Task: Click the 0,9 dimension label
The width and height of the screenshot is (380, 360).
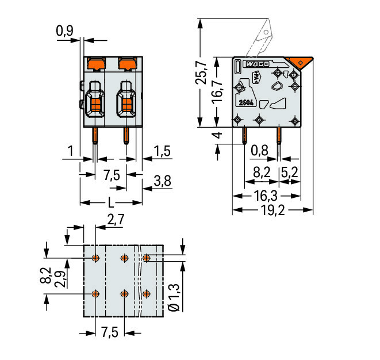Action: pos(64,31)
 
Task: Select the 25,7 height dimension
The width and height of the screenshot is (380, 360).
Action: pos(201,72)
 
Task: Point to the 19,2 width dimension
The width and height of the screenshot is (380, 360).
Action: pos(272,210)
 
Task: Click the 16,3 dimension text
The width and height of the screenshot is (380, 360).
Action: pos(266,196)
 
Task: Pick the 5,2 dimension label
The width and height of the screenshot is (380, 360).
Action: pos(289,173)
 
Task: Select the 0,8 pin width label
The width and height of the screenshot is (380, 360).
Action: pos(259,151)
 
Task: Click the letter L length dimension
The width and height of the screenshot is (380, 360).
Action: pos(111,202)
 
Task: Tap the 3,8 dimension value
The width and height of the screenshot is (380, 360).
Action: pos(162,181)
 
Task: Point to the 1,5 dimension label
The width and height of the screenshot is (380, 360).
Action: pos(162,151)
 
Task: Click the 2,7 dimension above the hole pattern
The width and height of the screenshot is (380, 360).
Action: pos(116,220)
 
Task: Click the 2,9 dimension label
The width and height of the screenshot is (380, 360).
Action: pos(60,279)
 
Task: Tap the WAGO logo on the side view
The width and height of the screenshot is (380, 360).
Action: pos(257,64)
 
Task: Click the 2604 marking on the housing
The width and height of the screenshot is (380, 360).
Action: pos(246,103)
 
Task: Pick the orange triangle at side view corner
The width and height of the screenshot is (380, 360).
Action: pos(299,62)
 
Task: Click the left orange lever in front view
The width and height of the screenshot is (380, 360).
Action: pos(97,63)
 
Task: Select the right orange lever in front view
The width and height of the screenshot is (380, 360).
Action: pos(127,63)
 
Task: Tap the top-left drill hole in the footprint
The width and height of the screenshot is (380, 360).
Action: pos(96,258)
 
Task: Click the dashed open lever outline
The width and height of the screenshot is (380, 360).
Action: pos(259,39)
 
